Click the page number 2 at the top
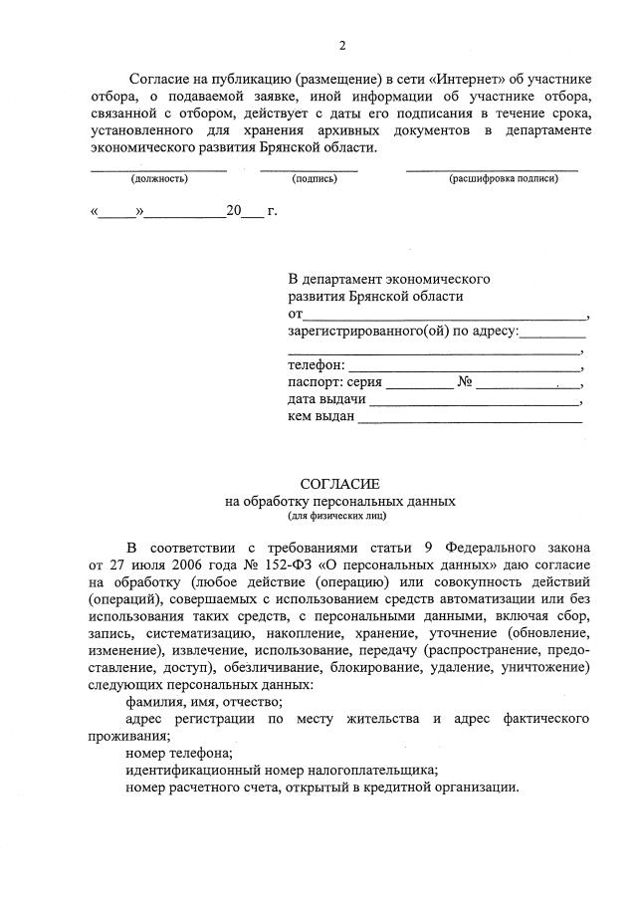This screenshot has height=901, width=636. pyautogui.click(x=341, y=46)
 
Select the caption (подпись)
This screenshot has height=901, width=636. pyautogui.click(x=315, y=179)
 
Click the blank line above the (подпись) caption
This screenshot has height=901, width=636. pyautogui.click(x=310, y=168)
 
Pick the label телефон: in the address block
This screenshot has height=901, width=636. pyautogui.click(x=317, y=366)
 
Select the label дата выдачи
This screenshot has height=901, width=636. pyautogui.click(x=326, y=400)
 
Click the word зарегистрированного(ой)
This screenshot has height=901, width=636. pyautogui.click(x=368, y=332)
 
